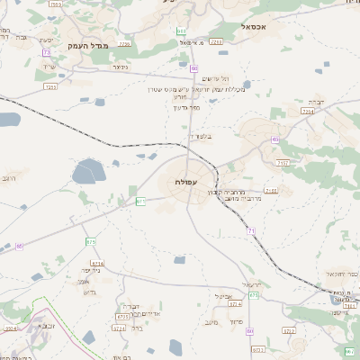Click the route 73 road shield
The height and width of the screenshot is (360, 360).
(x=45, y=52)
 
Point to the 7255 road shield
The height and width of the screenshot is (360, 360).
(x=50, y=87)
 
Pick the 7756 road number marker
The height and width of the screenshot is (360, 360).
(x=124, y=42)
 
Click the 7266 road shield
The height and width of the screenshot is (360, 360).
(x=215, y=41)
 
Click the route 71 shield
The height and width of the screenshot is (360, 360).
(x=252, y=231)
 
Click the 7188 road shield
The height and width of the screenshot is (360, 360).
(x=271, y=191)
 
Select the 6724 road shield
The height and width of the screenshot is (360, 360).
(x=119, y=328)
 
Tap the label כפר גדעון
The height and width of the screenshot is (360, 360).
(x=184, y=107)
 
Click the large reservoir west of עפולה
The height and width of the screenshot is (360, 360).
(x=88, y=171)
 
